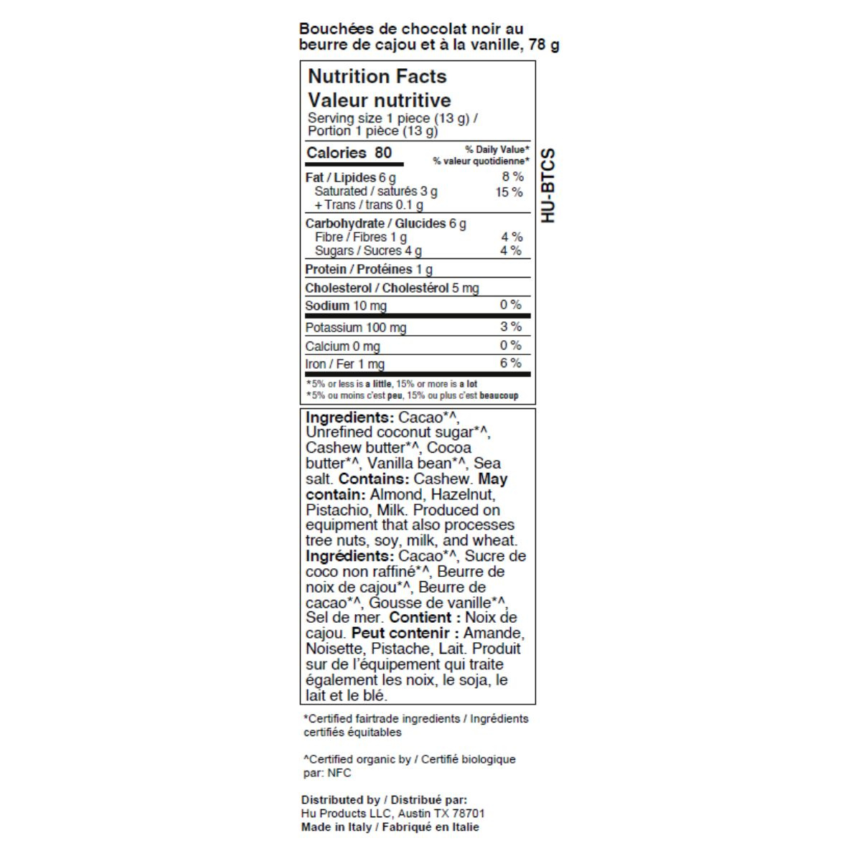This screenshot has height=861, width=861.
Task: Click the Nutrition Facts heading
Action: pyautogui.click(x=377, y=76)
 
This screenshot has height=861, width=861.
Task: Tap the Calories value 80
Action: pyautogui.click(x=383, y=152)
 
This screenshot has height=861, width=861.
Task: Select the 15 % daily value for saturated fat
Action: pyautogui.click(x=509, y=192)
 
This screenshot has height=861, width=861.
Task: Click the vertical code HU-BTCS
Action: pyautogui.click(x=548, y=185)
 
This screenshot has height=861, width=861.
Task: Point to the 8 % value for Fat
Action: pyautogui.click(x=512, y=177)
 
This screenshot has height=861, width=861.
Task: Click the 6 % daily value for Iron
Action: pyautogui.click(x=511, y=363)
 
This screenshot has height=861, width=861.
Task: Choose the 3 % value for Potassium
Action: pyautogui.click(x=511, y=326)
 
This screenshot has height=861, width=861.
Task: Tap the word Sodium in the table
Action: pyautogui.click(x=327, y=306)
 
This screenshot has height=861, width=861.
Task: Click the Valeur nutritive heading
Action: pyautogui.click(x=379, y=100)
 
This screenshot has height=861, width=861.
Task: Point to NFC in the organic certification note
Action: pyautogui.click(x=339, y=773)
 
